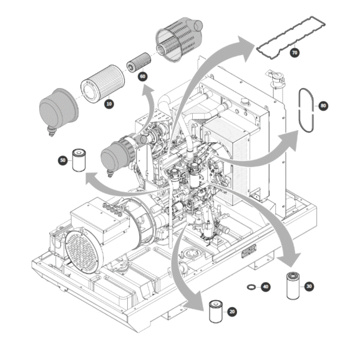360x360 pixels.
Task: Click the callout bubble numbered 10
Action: (x=109, y=104)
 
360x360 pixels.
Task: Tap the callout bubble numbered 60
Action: (x=143, y=77)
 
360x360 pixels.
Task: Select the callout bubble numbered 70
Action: (x=294, y=53)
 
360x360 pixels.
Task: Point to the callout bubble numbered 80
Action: (x=323, y=105)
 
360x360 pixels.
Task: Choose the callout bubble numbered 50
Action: (x=62, y=160)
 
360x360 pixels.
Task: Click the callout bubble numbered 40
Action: (x=265, y=287)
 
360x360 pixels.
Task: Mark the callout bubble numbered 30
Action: (x=309, y=286)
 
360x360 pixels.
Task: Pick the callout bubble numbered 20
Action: (x=232, y=311)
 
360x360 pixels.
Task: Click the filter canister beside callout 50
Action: (x=79, y=160)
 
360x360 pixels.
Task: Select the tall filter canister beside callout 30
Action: (x=293, y=286)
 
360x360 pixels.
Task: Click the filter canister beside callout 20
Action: (x=216, y=311)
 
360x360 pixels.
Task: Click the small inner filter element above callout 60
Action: (x=139, y=62)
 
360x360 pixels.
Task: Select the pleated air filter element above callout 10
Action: (x=102, y=84)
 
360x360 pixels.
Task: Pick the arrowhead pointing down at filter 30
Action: (x=290, y=259)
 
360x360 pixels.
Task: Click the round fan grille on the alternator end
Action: (x=84, y=250)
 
